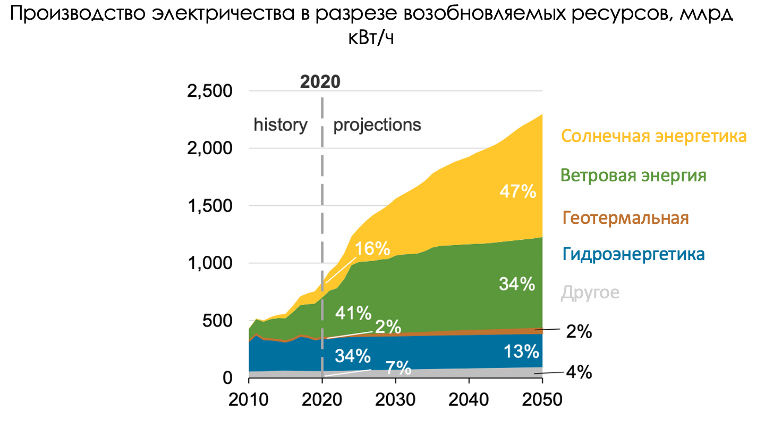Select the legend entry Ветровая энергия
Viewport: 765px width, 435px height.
tap(633, 175)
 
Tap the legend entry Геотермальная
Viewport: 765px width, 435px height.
tap(625, 218)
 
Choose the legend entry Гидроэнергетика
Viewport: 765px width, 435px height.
tap(633, 254)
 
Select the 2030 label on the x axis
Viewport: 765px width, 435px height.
tap(395, 399)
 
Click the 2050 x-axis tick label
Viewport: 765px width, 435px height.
tap(542, 399)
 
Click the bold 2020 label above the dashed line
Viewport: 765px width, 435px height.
tap(320, 82)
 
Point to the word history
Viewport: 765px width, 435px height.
tap(280, 125)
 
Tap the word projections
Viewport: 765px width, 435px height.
tap(377, 125)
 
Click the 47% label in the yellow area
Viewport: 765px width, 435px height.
tap(517, 191)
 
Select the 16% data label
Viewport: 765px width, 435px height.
tap(372, 248)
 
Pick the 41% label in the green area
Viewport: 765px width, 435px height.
tap(353, 314)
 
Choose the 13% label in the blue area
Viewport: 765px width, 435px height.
tap(521, 352)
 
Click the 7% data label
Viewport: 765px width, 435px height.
tap(398, 367)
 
